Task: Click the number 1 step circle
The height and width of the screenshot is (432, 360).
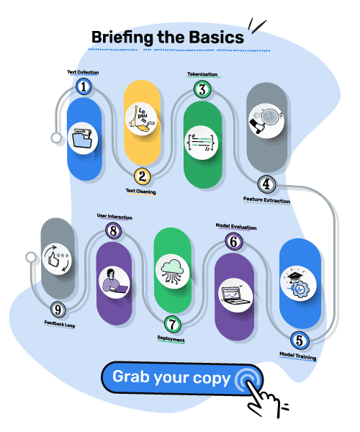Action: pos(84,86)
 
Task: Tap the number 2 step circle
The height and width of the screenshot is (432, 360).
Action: pos(142,176)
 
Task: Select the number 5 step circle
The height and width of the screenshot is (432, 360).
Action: pos(300,341)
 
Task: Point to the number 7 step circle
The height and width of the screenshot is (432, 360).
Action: pos(172,324)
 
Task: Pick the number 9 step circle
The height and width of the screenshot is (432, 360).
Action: pos(58,310)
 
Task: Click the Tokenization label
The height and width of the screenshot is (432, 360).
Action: pos(202,74)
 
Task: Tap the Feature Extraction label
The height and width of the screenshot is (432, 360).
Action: pos(266,200)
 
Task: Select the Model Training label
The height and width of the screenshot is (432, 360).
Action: pos(298,356)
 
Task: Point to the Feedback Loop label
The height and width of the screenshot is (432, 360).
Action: pos(60,324)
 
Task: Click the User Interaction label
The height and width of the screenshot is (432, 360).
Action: pos(114,217)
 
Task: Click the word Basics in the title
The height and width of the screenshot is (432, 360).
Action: pos(217,37)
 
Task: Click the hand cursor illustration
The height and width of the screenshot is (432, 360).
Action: pos(264,400)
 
